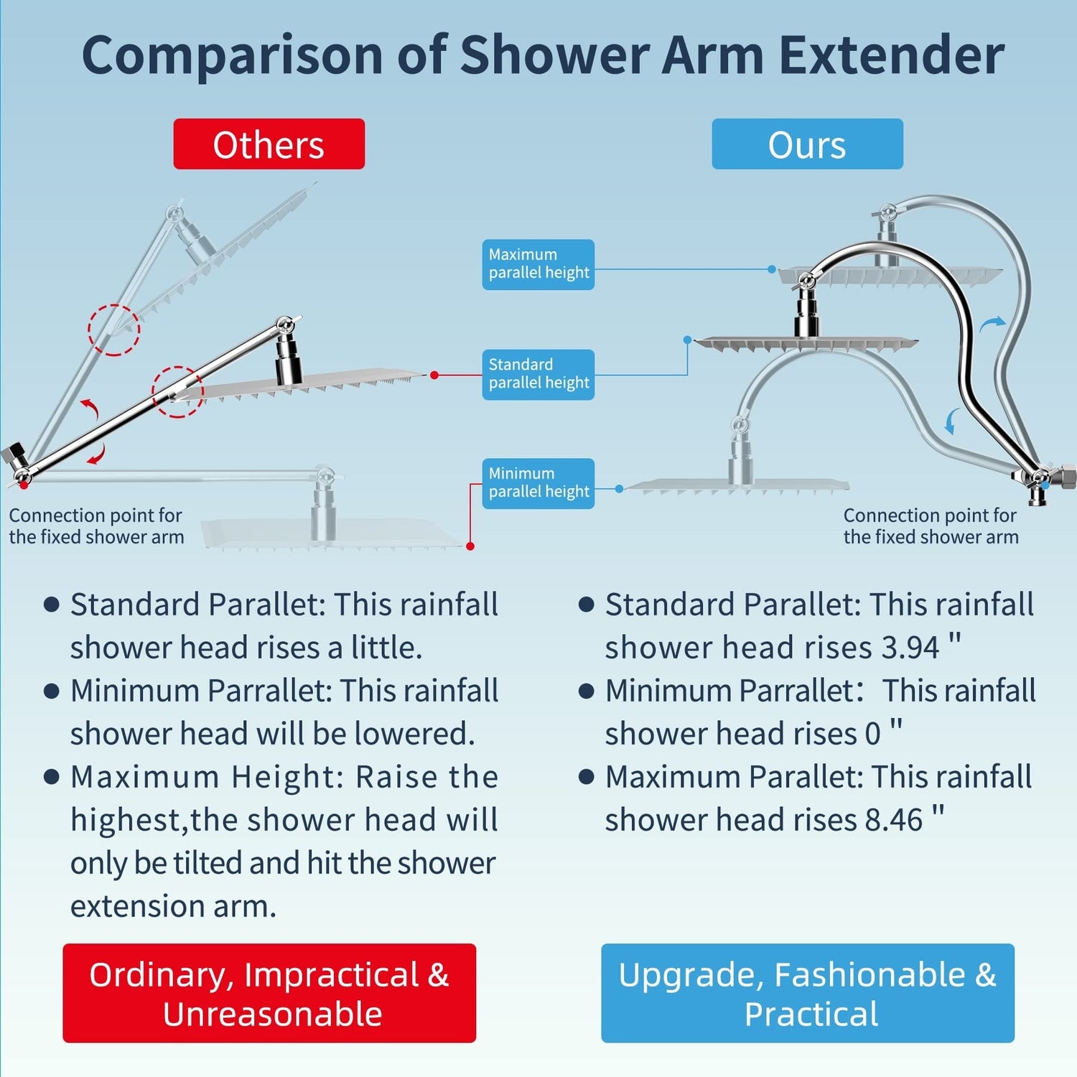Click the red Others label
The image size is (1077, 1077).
[x=269, y=144]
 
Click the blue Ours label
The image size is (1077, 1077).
[x=807, y=144]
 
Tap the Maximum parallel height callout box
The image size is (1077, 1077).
[x=538, y=264]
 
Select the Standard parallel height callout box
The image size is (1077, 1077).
[x=538, y=374]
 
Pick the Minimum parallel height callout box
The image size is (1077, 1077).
[x=538, y=483]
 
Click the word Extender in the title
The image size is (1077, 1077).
[x=892, y=55]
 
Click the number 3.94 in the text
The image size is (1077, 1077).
[x=910, y=648]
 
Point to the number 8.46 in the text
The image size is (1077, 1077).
[x=894, y=820]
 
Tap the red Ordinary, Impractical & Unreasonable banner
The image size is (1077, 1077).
[x=269, y=993]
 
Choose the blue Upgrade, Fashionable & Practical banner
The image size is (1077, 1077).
[x=808, y=993]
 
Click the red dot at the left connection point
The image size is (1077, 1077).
[x=24, y=485]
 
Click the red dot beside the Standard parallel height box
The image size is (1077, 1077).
[x=434, y=375]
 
